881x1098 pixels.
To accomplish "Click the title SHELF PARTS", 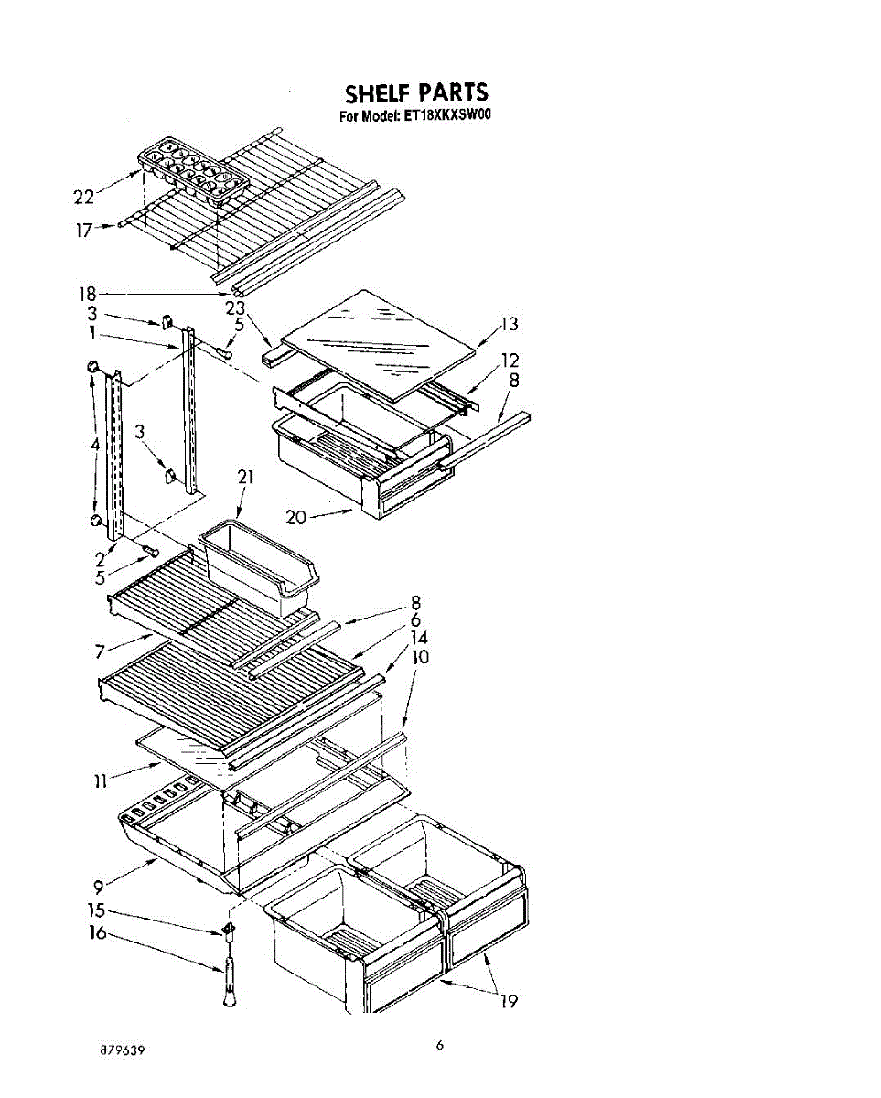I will (416, 92).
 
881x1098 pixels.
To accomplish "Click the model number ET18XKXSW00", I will (447, 116).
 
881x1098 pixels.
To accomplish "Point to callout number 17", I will (84, 230).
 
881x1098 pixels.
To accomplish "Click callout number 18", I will (88, 294).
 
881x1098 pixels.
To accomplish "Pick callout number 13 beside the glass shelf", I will (509, 323).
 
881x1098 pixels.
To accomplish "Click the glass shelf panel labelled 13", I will (380, 343).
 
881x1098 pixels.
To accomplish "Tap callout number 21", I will (244, 477).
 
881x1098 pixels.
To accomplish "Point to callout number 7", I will (100, 651).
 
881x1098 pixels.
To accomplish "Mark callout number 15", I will (97, 910).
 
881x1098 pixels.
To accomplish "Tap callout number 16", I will (97, 933).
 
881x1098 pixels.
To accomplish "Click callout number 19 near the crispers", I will (509, 1001).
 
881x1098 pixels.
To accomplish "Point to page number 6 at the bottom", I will (440, 1046).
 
